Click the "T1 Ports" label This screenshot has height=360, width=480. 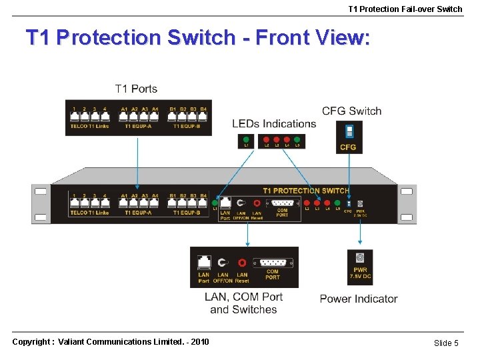point(137,89)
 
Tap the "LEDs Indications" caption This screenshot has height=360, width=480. point(274,123)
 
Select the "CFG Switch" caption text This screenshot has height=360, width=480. point(351,111)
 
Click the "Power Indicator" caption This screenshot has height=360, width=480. point(359,299)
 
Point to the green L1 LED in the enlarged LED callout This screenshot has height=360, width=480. point(247,140)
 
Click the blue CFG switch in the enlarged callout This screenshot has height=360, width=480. point(349,131)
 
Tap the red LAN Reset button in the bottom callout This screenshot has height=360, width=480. point(242,263)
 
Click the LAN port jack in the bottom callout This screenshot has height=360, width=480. point(203,262)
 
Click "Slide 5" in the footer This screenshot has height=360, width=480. point(446,343)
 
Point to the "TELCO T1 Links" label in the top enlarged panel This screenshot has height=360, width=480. point(89,126)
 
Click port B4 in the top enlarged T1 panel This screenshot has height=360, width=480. point(203,117)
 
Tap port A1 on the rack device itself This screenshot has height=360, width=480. point(124,204)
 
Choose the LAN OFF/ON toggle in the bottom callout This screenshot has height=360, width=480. point(223,263)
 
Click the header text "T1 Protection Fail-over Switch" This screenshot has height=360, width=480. point(405,9)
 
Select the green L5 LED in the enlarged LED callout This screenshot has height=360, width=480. point(297,140)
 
